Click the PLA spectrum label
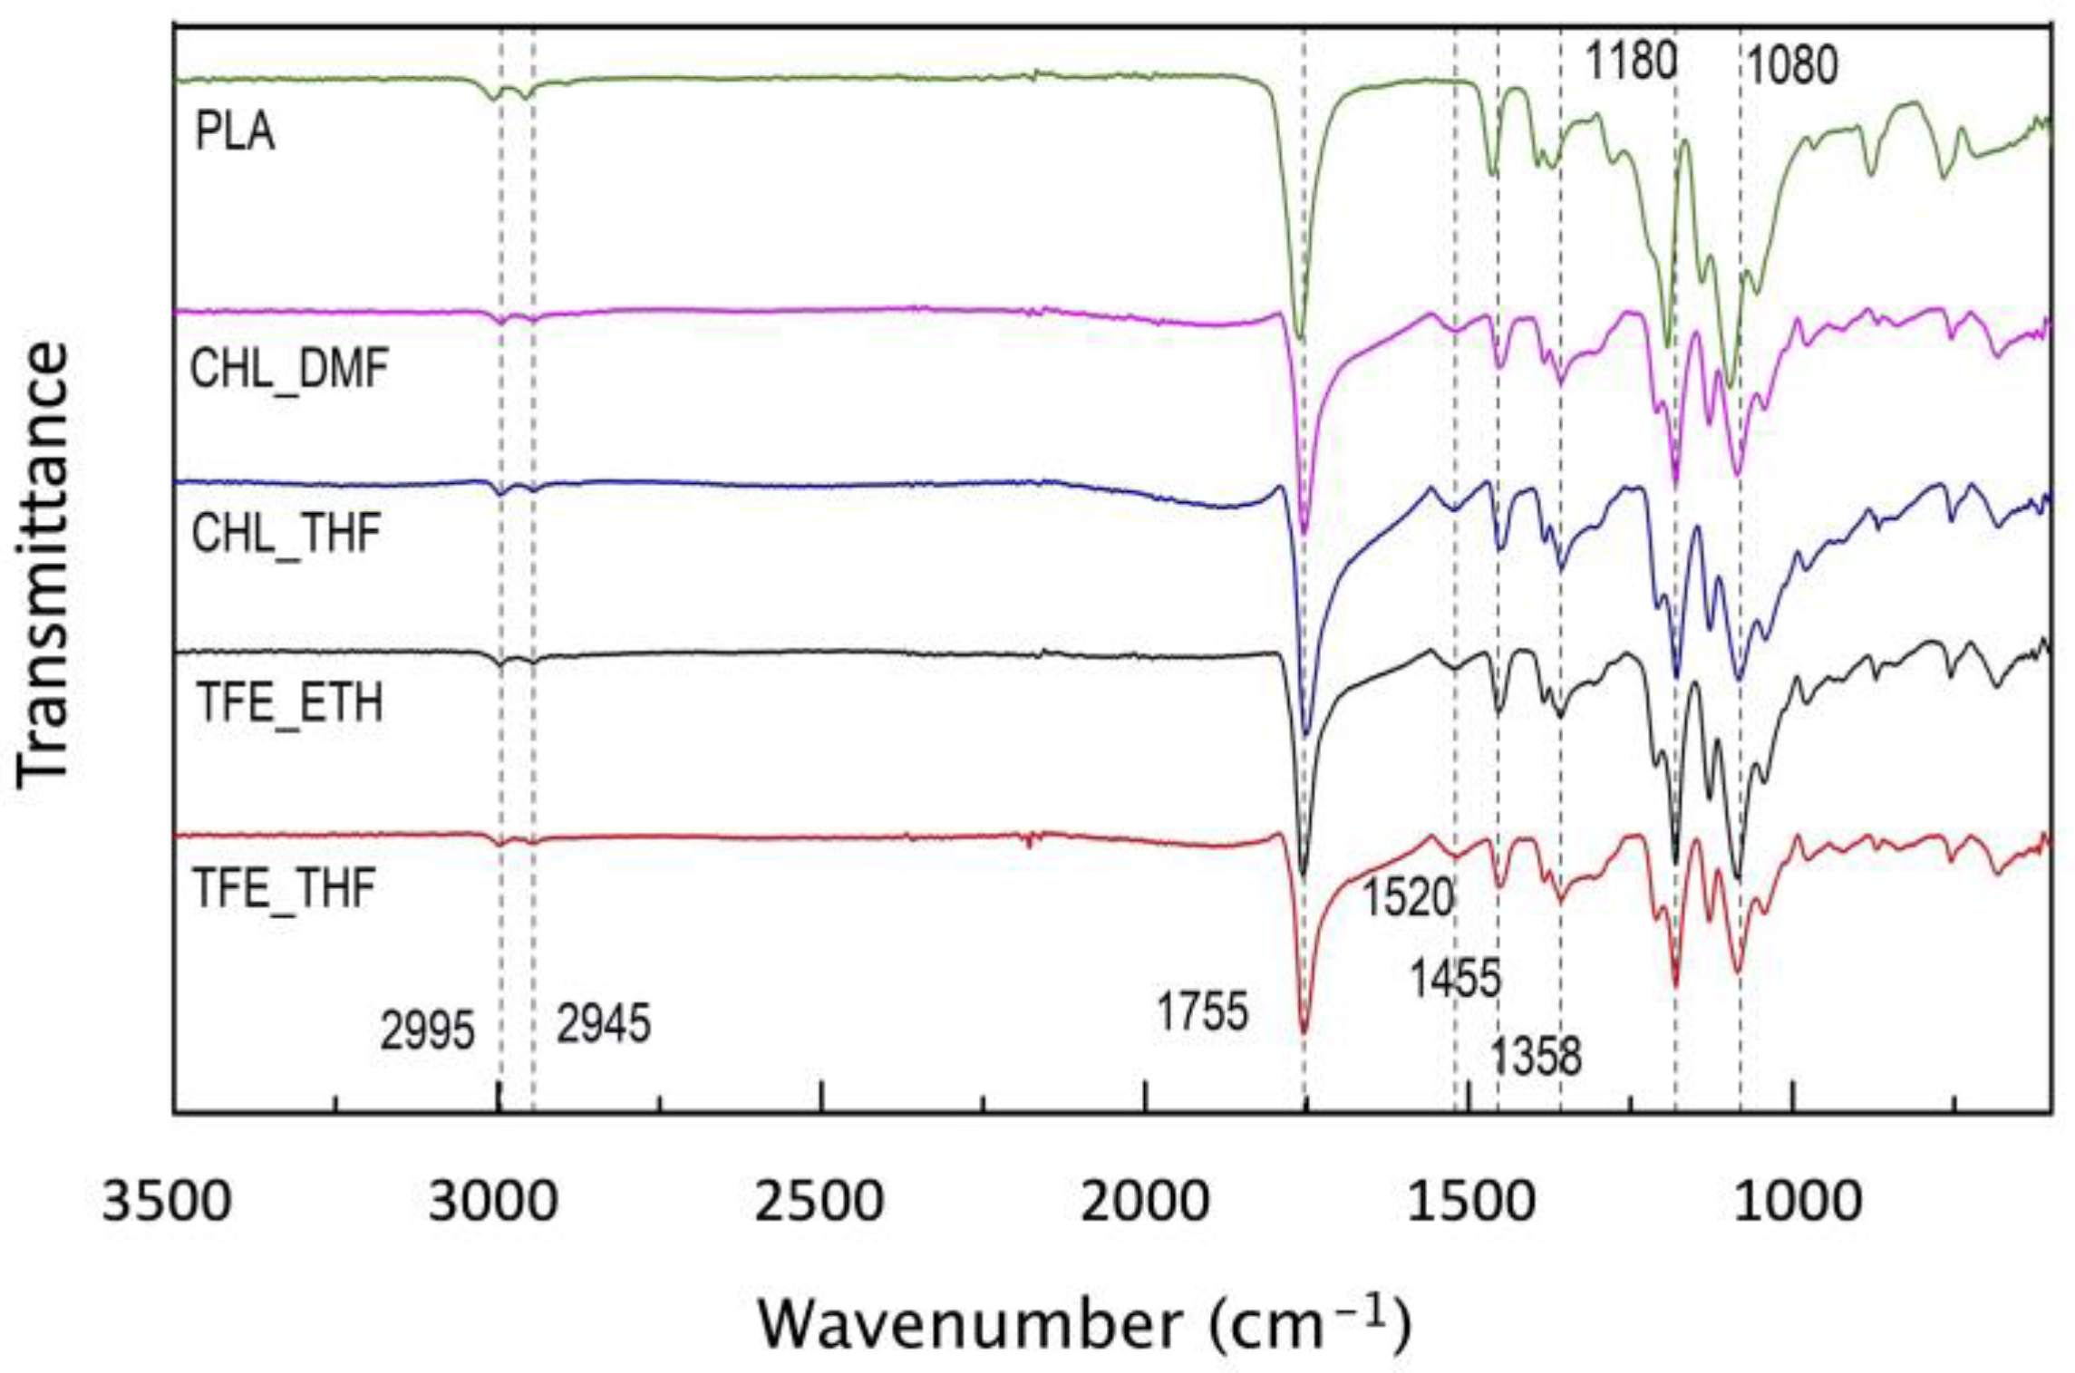coord(235,132)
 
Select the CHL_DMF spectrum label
coord(289,370)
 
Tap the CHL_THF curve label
coord(286,533)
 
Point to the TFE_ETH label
coord(290,703)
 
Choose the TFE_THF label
coord(285,887)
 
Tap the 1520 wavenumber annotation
coord(1408,898)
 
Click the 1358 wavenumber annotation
coord(1537,1056)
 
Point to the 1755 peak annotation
coord(1203,1010)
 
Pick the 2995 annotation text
coord(427,1030)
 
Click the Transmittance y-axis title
coord(43,564)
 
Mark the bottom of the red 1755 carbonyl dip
coord(1304,1031)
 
